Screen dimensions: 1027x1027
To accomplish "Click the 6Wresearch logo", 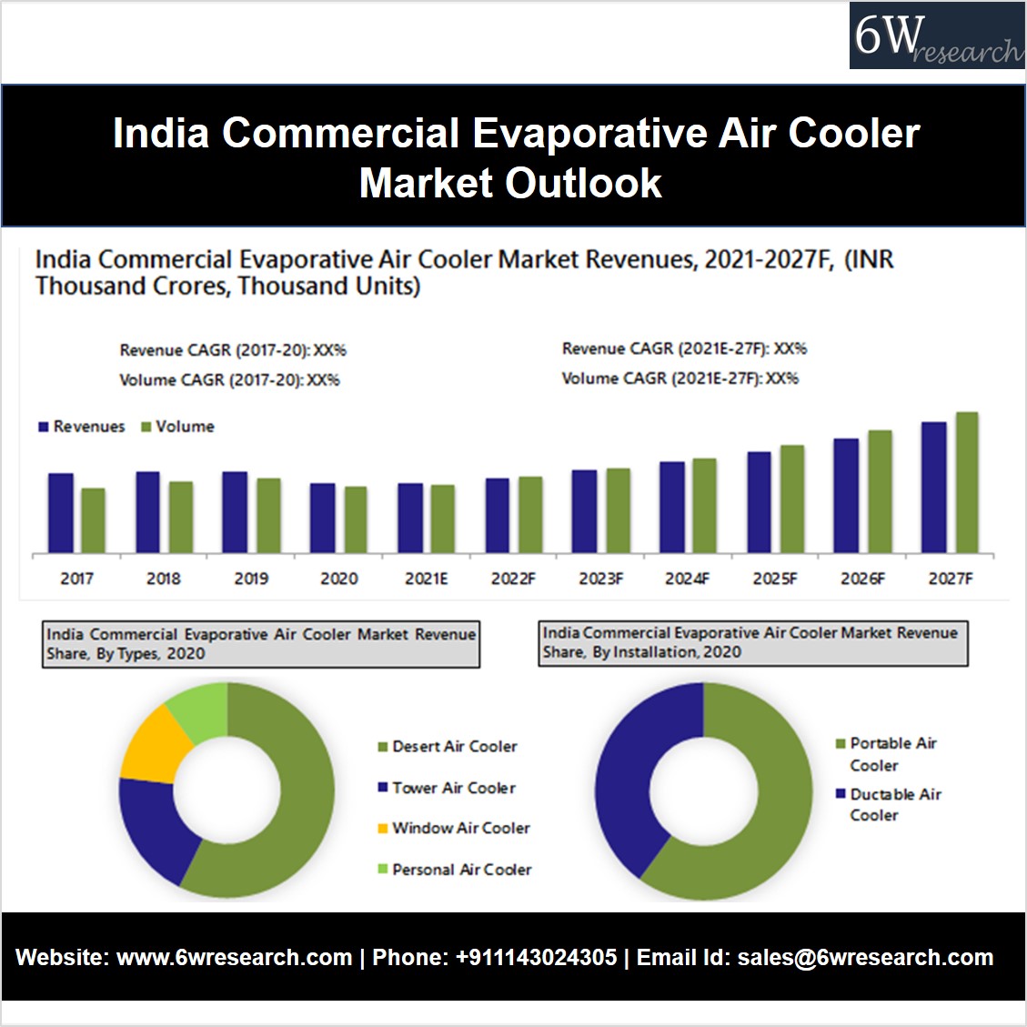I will (936, 36).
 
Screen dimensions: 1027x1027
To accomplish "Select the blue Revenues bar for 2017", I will (61, 513).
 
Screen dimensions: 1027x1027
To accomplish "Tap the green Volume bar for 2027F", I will (967, 482).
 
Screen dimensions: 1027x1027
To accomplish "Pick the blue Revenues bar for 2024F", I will (672, 507).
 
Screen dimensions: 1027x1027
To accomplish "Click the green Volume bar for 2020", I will (356, 519).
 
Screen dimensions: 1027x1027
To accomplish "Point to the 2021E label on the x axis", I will (426, 579).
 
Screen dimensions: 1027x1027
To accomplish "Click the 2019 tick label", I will (251, 579).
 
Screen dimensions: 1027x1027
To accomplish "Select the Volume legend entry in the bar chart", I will (178, 427).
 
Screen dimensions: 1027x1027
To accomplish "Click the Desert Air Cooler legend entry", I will (448, 747).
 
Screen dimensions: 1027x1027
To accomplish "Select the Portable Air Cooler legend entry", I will (886, 754).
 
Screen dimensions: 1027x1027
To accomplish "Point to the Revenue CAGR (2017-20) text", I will (233, 350).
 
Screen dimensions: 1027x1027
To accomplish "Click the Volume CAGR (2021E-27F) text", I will (680, 378).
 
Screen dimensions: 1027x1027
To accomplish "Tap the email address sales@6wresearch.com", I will (865, 958).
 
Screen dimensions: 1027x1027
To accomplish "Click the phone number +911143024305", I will (536, 958).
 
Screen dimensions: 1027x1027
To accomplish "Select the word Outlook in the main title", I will (584, 183).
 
